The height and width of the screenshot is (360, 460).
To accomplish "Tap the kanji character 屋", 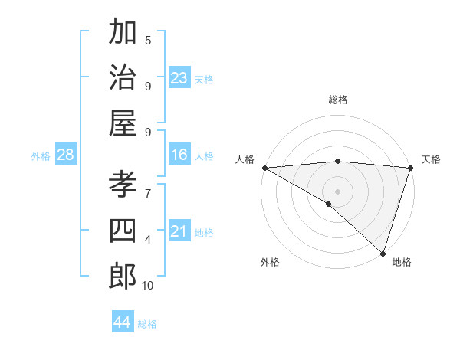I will click(x=122, y=123).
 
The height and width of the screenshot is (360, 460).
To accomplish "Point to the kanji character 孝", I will click(x=122, y=185).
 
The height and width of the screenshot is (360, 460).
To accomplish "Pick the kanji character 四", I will click(x=122, y=231).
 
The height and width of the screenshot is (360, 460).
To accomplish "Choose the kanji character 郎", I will click(x=122, y=276).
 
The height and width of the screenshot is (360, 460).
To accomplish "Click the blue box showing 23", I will click(x=179, y=77).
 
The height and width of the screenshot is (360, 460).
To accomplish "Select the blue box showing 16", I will click(x=179, y=155).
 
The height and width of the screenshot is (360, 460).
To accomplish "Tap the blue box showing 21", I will click(x=179, y=231).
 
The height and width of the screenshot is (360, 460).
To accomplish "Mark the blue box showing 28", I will click(x=66, y=155).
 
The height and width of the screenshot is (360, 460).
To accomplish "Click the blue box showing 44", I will click(x=123, y=322).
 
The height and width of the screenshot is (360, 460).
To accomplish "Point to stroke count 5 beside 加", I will click(x=148, y=40).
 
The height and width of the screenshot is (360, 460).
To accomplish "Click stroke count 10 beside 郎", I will click(x=148, y=286).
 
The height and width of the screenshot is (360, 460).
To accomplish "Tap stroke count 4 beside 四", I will click(x=148, y=240).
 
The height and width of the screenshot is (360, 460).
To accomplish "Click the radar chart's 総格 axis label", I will click(x=337, y=100).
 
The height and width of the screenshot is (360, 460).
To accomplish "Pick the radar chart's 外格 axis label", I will click(x=269, y=262).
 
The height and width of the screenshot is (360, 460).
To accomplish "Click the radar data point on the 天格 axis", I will click(x=411, y=168).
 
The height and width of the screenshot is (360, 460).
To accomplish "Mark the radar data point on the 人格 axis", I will click(x=264, y=168).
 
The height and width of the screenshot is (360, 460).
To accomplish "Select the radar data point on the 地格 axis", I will click(x=383, y=253).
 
